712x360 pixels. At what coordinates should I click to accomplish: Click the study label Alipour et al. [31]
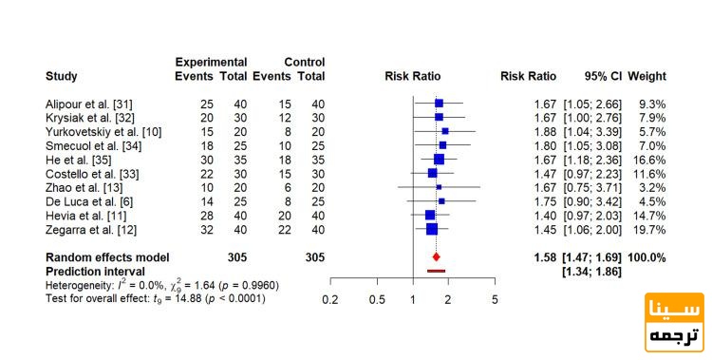click(89, 104)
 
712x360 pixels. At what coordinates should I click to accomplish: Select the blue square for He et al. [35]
click(439, 160)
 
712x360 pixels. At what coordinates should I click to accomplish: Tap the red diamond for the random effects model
click(437, 257)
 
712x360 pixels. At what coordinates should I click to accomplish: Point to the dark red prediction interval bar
click(437, 271)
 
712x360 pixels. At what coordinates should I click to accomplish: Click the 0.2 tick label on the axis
click(330, 300)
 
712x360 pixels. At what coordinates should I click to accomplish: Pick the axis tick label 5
click(495, 300)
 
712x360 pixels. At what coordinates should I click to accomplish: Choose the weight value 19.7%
click(649, 230)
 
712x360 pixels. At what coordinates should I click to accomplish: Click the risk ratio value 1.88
click(545, 132)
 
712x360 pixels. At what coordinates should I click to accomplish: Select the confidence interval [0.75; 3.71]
click(592, 188)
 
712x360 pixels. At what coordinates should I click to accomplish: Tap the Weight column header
click(646, 76)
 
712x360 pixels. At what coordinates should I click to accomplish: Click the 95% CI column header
click(604, 76)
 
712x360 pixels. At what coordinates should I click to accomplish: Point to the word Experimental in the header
click(211, 63)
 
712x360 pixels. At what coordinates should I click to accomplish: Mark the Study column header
click(62, 76)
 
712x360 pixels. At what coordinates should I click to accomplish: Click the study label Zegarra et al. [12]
click(91, 230)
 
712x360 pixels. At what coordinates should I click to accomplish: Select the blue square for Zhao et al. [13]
click(439, 187)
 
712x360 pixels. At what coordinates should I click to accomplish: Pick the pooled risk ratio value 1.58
click(545, 257)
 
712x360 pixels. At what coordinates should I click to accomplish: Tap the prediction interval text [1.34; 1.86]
click(592, 272)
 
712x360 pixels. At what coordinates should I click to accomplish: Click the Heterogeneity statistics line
click(162, 286)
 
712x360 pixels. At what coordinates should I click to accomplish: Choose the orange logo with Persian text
click(674, 322)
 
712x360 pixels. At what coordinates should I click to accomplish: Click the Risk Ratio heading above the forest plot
click(412, 76)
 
